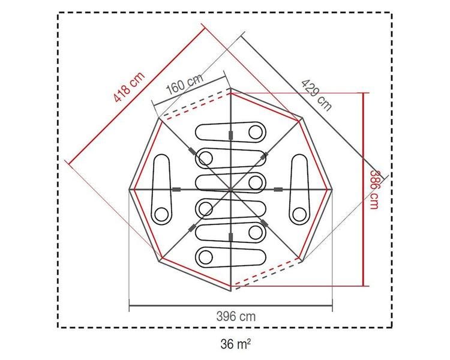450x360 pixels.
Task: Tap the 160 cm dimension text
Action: [x=185, y=83]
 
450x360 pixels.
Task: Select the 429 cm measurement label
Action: [x=317, y=95]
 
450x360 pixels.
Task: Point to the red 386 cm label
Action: [x=374, y=190]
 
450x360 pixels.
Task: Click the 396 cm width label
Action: [x=236, y=316]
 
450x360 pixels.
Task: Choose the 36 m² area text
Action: [x=236, y=344]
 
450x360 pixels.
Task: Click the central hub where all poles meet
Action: [x=230, y=190]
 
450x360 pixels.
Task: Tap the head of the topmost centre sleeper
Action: [x=255, y=133]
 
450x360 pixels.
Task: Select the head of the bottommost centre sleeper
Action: [x=205, y=256]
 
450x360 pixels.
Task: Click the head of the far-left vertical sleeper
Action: [x=161, y=214]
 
